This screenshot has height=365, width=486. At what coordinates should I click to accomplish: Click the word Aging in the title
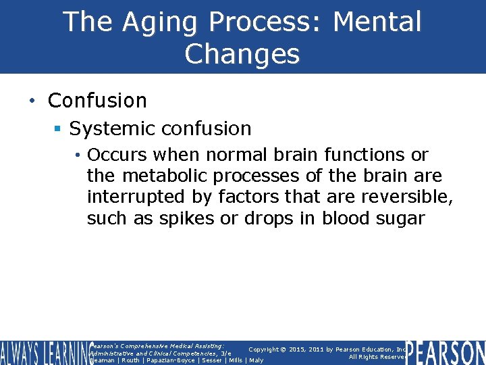163,22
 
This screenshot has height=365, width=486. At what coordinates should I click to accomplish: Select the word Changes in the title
242,54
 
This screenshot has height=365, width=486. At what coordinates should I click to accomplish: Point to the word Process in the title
269,22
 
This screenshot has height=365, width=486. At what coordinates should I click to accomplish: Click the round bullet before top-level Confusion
32,101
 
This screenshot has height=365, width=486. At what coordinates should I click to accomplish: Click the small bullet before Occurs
79,155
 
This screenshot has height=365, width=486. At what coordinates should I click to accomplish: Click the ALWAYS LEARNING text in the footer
44,353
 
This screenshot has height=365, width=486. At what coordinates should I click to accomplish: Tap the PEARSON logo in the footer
446,353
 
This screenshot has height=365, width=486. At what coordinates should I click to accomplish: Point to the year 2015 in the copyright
297,349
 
